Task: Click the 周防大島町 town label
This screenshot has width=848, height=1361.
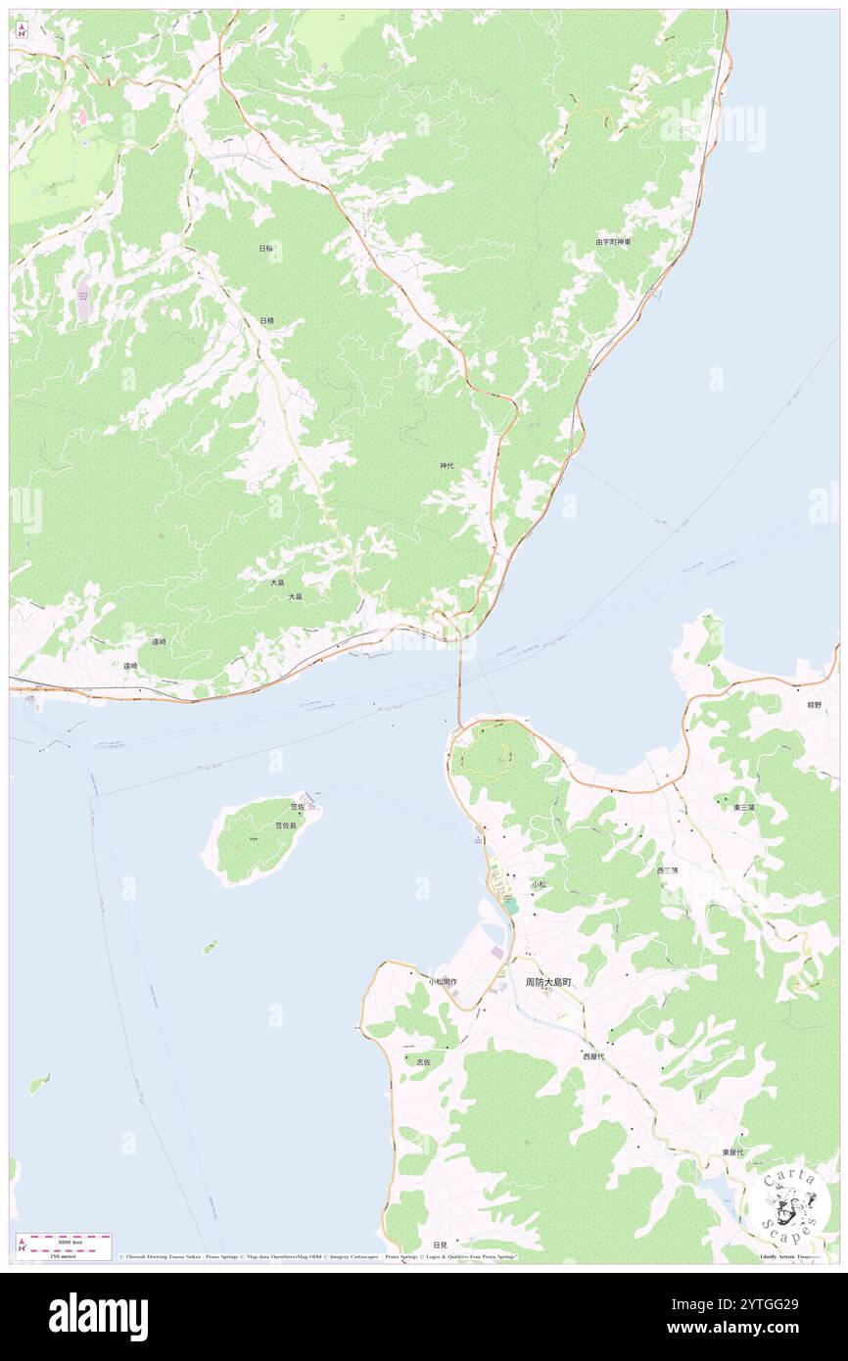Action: tap(546, 981)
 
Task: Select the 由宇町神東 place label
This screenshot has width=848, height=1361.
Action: tap(613, 241)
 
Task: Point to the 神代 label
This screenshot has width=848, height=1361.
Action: tap(447, 466)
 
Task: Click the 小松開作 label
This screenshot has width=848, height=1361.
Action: tap(442, 981)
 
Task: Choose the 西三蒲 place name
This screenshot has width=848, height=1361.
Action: tap(667, 869)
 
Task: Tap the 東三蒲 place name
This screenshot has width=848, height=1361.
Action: tap(744, 807)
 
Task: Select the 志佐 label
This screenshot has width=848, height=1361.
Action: tap(424, 1061)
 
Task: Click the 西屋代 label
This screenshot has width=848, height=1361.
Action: tap(593, 1056)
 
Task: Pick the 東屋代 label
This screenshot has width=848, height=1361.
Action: tap(732, 1152)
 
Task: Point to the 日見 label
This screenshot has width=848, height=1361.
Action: tap(424, 1244)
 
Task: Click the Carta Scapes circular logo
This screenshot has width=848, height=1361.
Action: tap(789, 1203)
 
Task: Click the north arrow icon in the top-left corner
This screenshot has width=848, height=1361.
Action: tap(22, 30)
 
